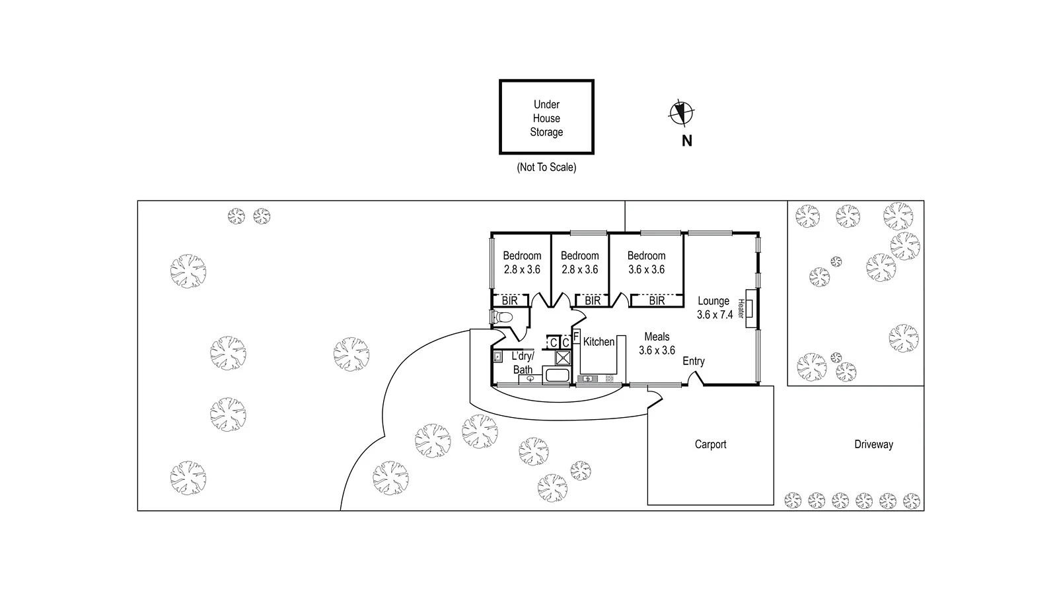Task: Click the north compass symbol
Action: (x=681, y=113)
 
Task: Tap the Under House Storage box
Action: (x=546, y=117)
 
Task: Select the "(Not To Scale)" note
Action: (x=546, y=168)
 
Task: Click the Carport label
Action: (x=710, y=444)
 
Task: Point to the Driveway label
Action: (x=873, y=444)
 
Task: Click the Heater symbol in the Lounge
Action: (x=750, y=308)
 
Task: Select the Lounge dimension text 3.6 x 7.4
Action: (x=715, y=315)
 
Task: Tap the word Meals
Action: (x=657, y=337)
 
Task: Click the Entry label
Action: (x=694, y=361)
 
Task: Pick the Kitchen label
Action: (x=599, y=341)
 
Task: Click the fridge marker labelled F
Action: (x=576, y=337)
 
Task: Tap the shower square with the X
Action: (x=563, y=358)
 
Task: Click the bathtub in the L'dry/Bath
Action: (x=557, y=378)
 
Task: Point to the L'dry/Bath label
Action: (x=523, y=363)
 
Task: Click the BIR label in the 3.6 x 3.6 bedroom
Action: (x=657, y=301)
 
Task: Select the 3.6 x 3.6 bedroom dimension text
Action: (x=646, y=269)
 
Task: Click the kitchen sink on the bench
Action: (x=587, y=379)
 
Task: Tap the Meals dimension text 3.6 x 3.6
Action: (x=657, y=351)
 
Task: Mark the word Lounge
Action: (x=713, y=301)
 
